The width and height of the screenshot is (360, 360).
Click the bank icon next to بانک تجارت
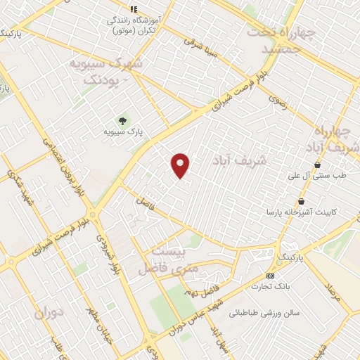[271, 276]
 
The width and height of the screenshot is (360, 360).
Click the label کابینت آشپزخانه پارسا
[297, 212]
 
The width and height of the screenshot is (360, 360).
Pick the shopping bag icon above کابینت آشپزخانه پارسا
[302, 201]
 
